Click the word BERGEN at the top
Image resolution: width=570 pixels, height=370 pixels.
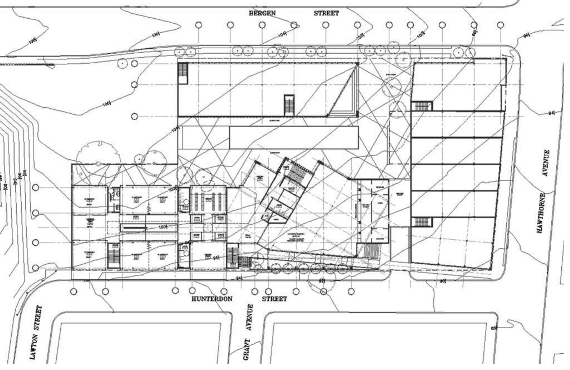[262, 13]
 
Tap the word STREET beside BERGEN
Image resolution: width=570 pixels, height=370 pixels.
[326, 13]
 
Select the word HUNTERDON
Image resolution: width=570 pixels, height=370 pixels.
[212, 299]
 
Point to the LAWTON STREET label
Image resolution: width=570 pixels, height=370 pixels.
[37, 333]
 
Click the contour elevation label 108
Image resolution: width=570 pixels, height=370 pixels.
[33, 41]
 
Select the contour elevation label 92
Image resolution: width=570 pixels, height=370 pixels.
[322, 281]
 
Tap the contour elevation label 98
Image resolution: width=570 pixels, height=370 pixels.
[474, 33]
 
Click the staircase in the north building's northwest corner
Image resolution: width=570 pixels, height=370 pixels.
[183, 73]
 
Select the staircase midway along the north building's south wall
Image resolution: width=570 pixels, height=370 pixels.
[289, 105]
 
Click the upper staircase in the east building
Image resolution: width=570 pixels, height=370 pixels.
[422, 106]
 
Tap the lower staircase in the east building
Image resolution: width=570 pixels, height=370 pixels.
[422, 222]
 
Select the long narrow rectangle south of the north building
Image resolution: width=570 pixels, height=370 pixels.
[293, 137]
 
